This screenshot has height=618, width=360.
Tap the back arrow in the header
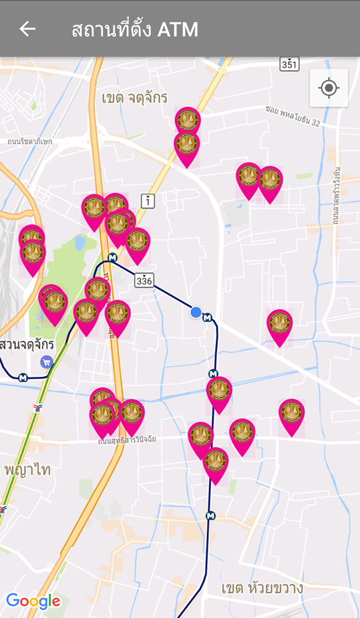tap(27, 29)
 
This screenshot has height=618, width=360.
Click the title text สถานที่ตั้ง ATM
tap(135, 29)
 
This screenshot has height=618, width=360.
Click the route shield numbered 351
tap(289, 64)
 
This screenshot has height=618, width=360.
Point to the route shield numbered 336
tap(144, 281)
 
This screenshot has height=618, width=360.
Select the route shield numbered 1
tap(148, 200)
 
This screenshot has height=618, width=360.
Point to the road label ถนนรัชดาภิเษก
tap(29, 142)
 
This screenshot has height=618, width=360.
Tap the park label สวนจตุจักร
tap(27, 345)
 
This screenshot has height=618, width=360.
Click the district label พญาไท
tap(27, 469)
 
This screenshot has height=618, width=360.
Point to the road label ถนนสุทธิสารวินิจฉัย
tap(127, 442)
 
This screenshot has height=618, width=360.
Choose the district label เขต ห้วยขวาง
tap(262, 588)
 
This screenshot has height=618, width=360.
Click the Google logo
tap(33, 601)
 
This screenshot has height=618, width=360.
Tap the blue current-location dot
tap(196, 312)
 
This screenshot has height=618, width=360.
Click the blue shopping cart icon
tap(46, 362)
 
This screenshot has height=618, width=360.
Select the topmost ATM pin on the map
tap(188, 120)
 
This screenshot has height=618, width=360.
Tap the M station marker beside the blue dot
tap(207, 317)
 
